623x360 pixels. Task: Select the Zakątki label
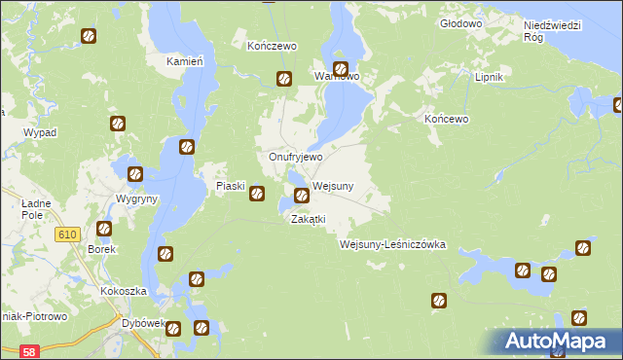pos(308,219)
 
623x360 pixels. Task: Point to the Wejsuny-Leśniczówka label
pos(392,244)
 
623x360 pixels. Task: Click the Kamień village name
pos(184,60)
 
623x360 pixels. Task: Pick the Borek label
pos(102,249)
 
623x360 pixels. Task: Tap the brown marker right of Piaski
pos(257,194)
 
